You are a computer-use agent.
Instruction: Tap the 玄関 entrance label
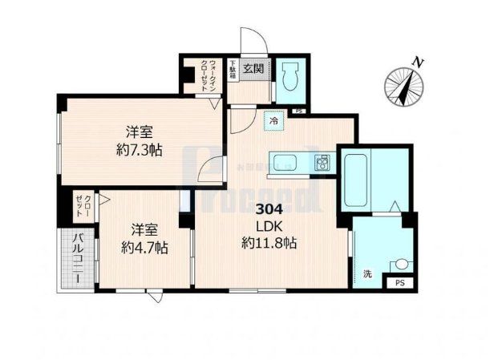(x=253, y=67)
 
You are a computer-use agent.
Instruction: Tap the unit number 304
(x=269, y=210)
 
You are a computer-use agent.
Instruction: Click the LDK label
(x=269, y=226)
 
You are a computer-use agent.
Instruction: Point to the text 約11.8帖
(x=269, y=243)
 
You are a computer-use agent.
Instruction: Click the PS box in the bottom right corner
(x=399, y=283)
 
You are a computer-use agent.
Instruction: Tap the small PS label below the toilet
(x=298, y=111)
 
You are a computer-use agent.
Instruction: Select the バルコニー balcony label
(x=80, y=258)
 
